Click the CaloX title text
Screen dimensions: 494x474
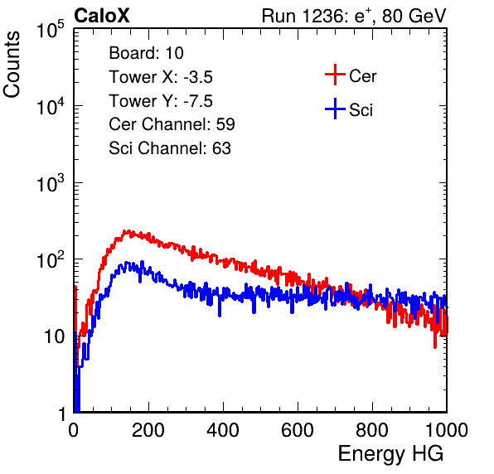click(101, 16)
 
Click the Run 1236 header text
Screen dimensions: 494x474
click(354, 16)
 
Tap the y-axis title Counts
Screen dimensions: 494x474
click(12, 65)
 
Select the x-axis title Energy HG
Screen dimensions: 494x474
click(390, 454)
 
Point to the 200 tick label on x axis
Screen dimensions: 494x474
click(148, 430)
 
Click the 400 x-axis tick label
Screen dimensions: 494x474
click(223, 430)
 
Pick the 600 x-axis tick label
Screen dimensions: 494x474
click(298, 430)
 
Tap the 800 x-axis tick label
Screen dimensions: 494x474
click(372, 430)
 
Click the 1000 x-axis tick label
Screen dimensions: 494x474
click(447, 430)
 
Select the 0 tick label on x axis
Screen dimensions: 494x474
click(73, 430)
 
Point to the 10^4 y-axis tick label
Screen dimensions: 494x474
click(51, 106)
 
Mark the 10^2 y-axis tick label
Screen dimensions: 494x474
click(51, 259)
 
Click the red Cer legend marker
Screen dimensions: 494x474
click(335, 75)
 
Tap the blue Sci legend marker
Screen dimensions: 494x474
click(335, 109)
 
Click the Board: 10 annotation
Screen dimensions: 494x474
click(146, 53)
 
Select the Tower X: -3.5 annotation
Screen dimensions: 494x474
click(161, 77)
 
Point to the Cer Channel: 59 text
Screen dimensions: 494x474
click(172, 124)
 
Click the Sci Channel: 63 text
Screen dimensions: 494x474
click(170, 148)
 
